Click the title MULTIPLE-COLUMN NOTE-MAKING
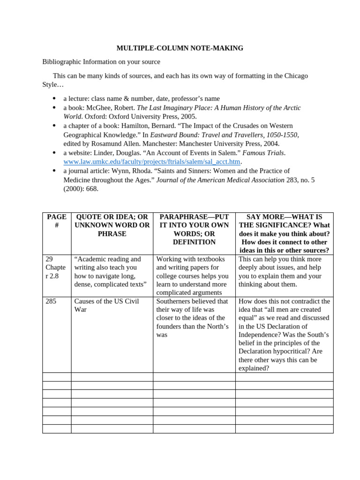click(180, 48)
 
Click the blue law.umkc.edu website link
click(152, 162)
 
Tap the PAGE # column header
click(57, 221)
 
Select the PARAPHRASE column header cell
click(194, 229)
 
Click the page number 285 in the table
click(51, 301)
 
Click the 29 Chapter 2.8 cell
click(56, 267)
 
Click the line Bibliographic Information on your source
click(101, 61)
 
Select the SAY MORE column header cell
click(284, 233)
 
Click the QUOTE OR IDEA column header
click(112, 225)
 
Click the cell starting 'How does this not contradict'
click(284, 334)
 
